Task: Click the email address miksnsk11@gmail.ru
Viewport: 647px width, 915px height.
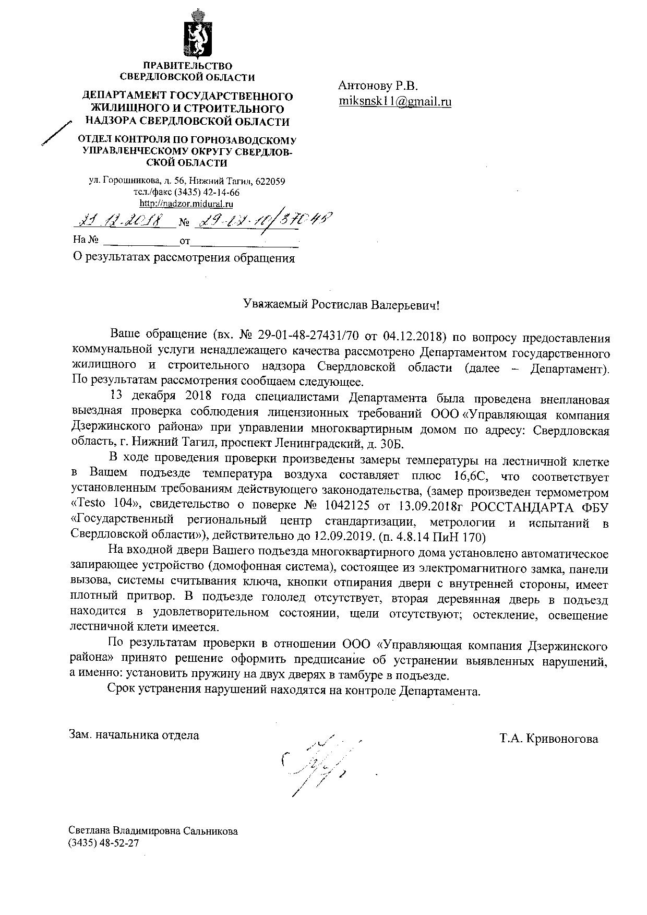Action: pos(395,101)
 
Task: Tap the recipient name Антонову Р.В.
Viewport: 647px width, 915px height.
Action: pos(378,85)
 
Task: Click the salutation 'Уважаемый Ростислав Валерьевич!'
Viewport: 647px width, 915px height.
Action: pos(342,304)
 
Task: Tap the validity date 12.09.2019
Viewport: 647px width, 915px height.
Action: pos(344,536)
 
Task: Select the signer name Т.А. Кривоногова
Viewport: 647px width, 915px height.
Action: pos(548,739)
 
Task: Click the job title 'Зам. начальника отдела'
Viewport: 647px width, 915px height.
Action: pos(135,735)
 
